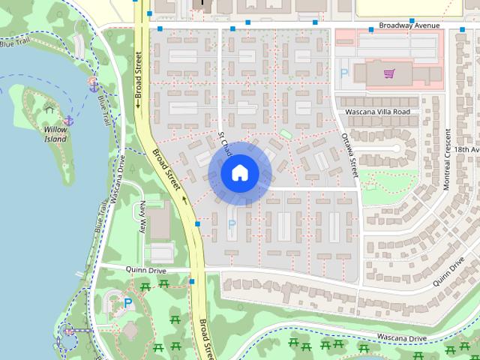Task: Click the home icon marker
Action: click(238, 173)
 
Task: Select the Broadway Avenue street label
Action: click(409, 25)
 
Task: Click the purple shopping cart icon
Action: click(388, 73)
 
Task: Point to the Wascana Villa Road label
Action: click(377, 112)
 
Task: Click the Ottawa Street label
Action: click(349, 154)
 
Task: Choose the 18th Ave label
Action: click(466, 150)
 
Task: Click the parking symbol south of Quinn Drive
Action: click(128, 304)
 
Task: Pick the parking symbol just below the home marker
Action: click(231, 223)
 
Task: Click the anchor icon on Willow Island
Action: click(68, 120)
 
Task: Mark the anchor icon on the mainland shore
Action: click(94, 87)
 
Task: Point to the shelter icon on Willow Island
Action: click(49, 109)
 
